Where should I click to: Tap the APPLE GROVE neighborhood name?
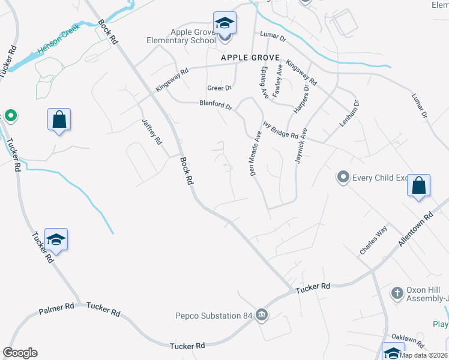pos(250,58)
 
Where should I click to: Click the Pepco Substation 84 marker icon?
pos(261,314)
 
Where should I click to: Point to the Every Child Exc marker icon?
pos(343,177)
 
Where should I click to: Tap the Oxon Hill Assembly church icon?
pos(396,293)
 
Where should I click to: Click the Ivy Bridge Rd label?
pos(280,131)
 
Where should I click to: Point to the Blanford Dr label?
pos(215,105)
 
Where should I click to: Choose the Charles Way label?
pos(373,240)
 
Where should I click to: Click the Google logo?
pos(20,353)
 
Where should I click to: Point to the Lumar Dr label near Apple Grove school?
pos(274,36)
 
